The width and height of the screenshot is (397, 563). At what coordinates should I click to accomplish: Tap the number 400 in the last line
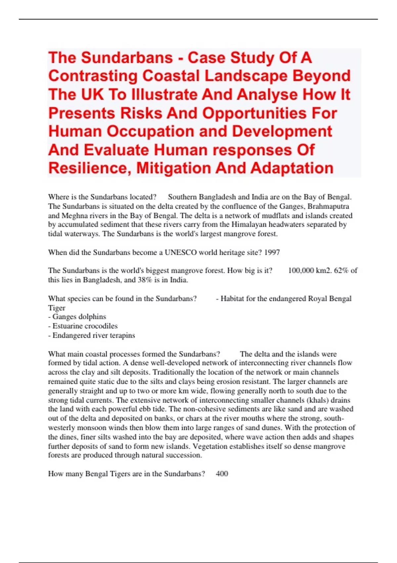click(x=222, y=474)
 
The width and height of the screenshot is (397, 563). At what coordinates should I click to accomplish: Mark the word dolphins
click(x=91, y=317)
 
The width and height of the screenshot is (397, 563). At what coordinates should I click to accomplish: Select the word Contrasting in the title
click(x=93, y=76)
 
